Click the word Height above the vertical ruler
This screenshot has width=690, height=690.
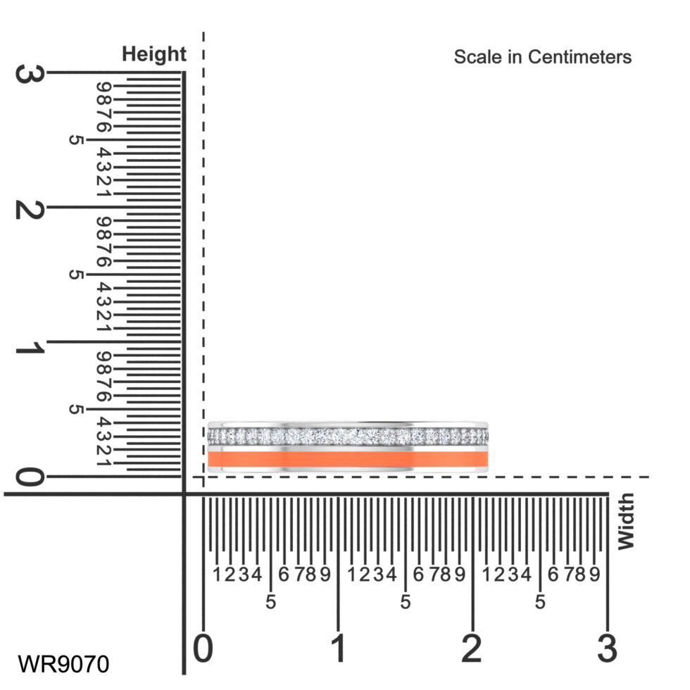(154, 54)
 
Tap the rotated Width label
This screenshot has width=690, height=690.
(625, 521)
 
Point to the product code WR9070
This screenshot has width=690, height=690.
(63, 664)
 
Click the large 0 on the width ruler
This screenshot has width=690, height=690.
(203, 648)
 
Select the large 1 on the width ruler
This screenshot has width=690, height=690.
(339, 648)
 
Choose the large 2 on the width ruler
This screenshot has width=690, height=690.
(472, 648)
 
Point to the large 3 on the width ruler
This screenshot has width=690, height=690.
(608, 648)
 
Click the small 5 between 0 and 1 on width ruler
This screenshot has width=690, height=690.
(271, 603)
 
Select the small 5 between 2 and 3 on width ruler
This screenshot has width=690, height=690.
(540, 603)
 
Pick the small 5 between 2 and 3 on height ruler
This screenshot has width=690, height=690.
(75, 140)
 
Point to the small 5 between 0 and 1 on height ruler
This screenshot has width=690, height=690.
(75, 410)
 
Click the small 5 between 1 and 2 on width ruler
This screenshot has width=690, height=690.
(406, 603)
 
